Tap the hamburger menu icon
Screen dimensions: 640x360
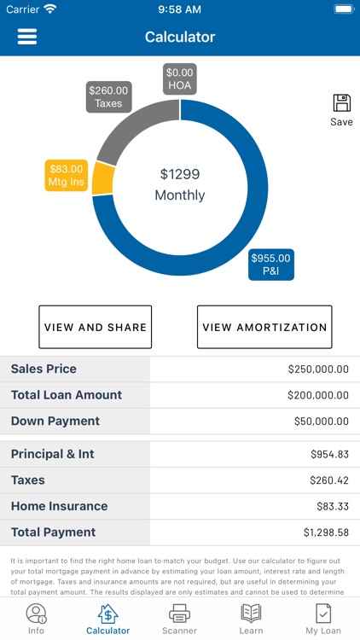[x=27, y=37]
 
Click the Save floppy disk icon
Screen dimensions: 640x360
[x=341, y=104]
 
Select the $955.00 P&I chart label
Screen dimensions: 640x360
[x=270, y=265]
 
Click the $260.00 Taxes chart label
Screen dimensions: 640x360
[x=108, y=96]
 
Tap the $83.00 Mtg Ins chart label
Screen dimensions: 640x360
[x=67, y=176]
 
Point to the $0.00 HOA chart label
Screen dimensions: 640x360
[x=180, y=79]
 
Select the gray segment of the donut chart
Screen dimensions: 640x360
[x=128, y=128]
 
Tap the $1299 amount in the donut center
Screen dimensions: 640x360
[x=180, y=174]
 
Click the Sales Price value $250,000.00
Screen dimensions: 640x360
[x=317, y=369]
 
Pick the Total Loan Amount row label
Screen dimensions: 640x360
[x=67, y=395]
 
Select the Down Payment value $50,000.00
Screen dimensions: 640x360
[x=320, y=422]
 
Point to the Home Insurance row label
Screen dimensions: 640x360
[x=59, y=506]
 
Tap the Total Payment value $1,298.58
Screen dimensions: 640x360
[x=326, y=532]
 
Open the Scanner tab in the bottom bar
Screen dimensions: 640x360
[x=179, y=618]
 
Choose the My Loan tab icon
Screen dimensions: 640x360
[x=323, y=614]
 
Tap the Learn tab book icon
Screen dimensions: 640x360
[x=251, y=613]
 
